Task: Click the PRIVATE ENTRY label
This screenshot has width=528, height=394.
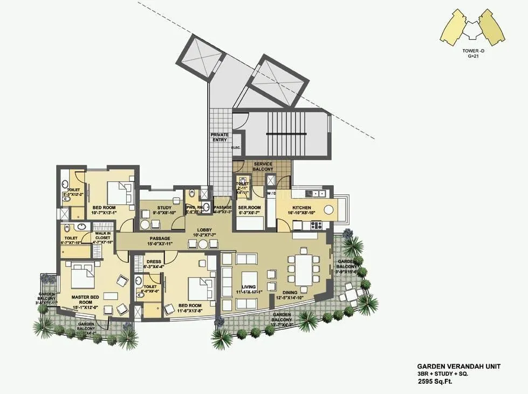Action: coord(220,137)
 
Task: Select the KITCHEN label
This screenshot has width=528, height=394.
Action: coord(301,207)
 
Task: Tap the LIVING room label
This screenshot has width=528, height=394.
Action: coord(249,287)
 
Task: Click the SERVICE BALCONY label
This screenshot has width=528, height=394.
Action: coord(263,166)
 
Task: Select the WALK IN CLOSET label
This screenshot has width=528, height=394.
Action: coord(102,236)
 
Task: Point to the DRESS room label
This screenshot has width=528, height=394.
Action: coord(154,262)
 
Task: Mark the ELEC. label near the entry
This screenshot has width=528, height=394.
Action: coord(236,147)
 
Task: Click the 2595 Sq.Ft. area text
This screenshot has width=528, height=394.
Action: coord(437,382)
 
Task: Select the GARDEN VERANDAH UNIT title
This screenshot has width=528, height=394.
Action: coord(458,366)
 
